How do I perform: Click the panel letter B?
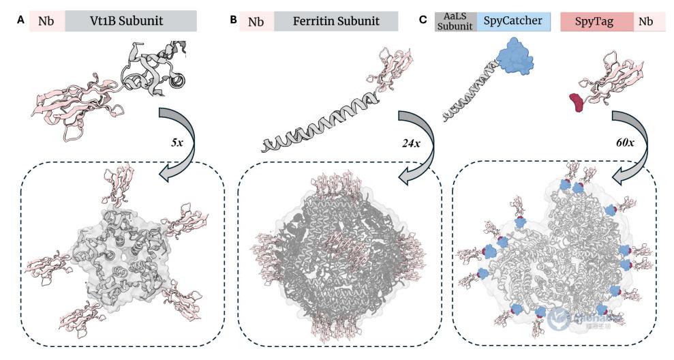(x=234, y=21)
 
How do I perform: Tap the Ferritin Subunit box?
(x=336, y=21)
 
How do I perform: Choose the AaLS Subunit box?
(x=455, y=21)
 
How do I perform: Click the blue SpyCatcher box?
(x=512, y=21)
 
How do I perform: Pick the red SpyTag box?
(x=595, y=22)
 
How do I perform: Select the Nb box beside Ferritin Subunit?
(x=256, y=21)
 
